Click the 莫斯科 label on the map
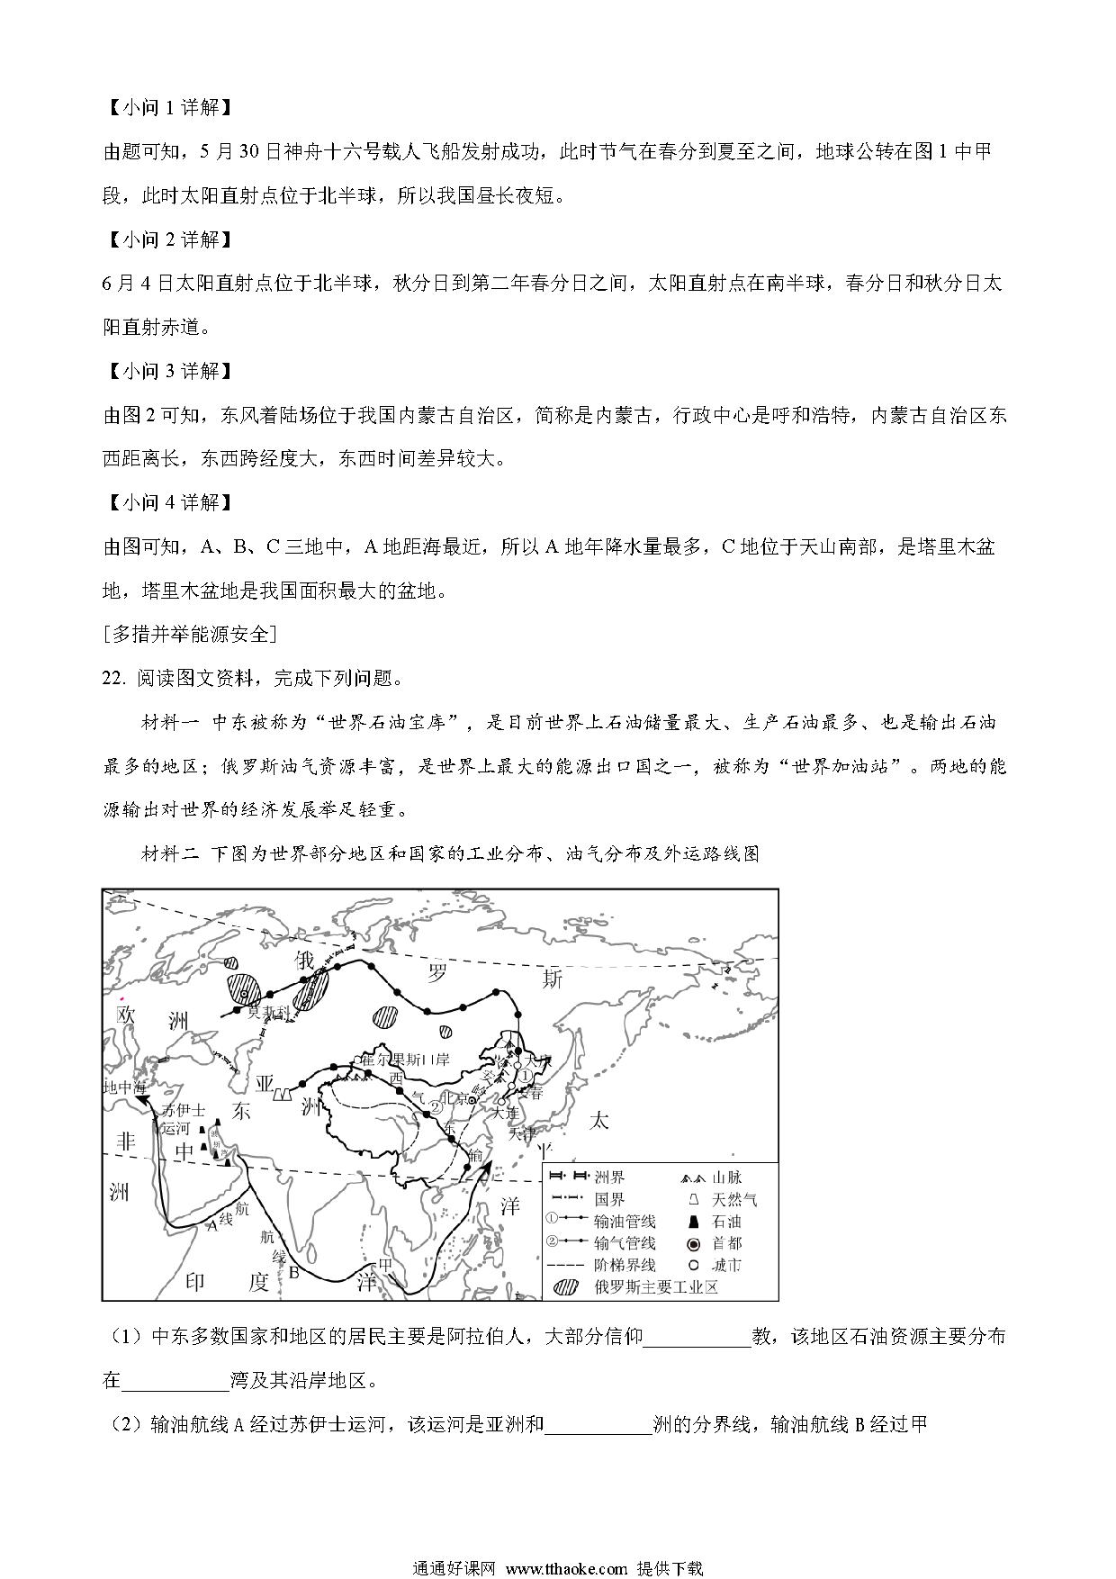tap(270, 1011)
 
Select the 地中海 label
tap(124, 1087)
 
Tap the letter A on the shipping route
tap(213, 1224)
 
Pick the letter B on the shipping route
tap(293, 1272)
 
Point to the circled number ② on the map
tap(435, 1106)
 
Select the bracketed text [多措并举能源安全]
tap(190, 634)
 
